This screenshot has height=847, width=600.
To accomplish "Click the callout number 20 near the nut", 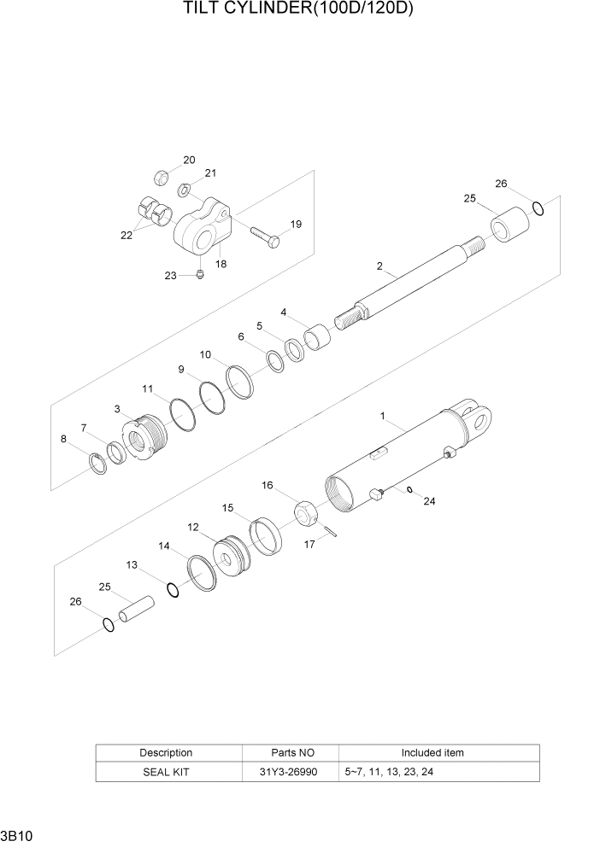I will click(188, 160).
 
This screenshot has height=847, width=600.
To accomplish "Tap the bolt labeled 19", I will click(265, 236).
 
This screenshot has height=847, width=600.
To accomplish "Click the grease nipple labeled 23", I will click(197, 273).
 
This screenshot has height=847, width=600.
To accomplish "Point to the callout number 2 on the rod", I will click(379, 266).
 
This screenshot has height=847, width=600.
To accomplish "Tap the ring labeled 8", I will click(98, 464).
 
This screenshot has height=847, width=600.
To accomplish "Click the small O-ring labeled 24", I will click(410, 490).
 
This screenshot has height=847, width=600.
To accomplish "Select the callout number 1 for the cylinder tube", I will click(384, 416).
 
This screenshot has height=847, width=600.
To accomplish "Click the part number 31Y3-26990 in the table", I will click(292, 771).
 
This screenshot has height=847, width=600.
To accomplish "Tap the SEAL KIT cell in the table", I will click(166, 771).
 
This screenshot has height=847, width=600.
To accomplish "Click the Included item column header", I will click(432, 752).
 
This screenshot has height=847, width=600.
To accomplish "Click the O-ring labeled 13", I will click(173, 589).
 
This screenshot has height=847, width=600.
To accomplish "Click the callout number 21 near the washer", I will click(210, 172).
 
